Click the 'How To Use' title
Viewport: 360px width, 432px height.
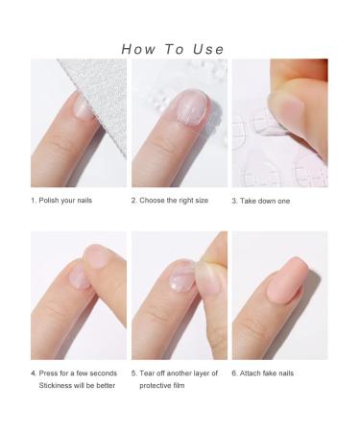tap(173, 49)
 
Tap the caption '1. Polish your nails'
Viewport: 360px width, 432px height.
tap(61, 201)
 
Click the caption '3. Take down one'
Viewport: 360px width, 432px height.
tap(260, 201)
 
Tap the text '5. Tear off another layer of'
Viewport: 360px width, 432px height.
tap(175, 372)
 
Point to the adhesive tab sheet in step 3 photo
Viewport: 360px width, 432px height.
tap(259, 144)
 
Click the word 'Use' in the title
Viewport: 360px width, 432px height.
tap(206, 49)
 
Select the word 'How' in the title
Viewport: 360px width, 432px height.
tap(140, 49)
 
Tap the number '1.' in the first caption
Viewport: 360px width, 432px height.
tap(34, 201)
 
